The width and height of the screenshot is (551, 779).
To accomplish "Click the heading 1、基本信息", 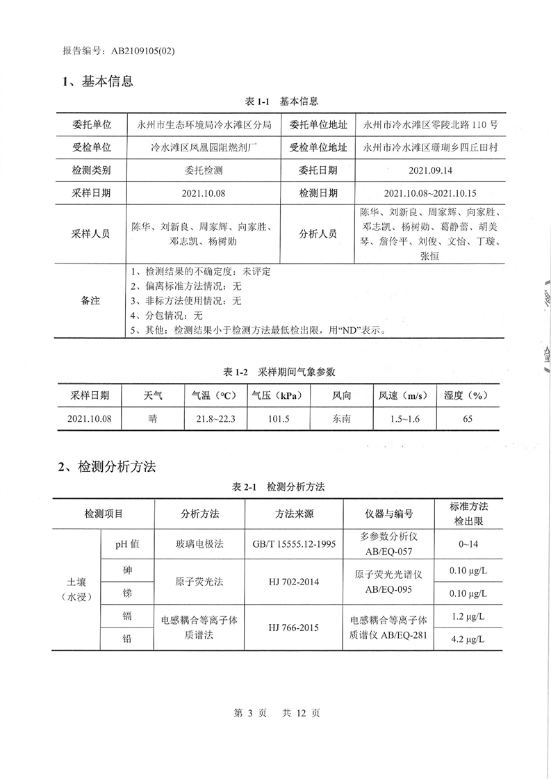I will [97, 81].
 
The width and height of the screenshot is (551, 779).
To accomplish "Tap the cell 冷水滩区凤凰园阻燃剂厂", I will [205, 147].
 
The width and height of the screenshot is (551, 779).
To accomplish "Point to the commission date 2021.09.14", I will [430, 170].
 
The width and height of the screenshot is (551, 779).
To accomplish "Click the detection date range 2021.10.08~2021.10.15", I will [430, 192].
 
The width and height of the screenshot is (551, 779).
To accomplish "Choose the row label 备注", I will [90, 301].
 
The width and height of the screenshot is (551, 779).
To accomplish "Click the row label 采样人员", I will [90, 234].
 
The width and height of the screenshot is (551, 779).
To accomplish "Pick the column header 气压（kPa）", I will [277, 395].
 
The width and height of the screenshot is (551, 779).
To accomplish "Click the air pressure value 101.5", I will [277, 418].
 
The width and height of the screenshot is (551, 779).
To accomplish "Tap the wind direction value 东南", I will [341, 418].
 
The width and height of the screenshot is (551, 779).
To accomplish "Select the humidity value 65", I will [468, 418].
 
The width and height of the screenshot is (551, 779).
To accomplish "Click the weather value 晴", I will [153, 418].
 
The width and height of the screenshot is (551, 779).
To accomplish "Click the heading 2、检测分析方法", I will [106, 466].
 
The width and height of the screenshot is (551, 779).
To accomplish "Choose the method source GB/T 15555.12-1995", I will [294, 544].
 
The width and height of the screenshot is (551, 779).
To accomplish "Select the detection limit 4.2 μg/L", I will [466, 639].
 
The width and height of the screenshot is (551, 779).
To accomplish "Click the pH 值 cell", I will [127, 544].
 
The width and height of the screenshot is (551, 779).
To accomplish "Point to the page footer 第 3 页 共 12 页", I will [277, 713].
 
